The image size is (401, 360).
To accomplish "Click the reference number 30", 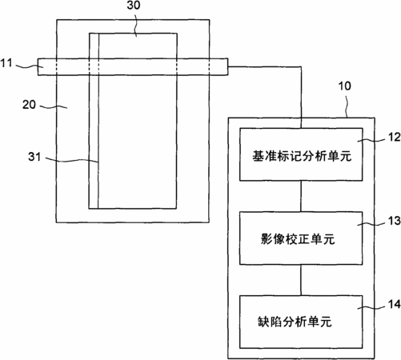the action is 134,5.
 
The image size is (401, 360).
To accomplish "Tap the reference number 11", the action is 6,63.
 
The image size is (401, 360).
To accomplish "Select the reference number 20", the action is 29,104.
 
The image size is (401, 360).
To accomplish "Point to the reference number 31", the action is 34,157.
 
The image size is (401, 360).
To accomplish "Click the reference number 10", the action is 345,86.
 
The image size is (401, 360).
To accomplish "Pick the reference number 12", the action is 394,137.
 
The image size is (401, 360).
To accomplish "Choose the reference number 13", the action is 394,221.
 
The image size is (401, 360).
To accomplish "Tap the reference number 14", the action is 394,304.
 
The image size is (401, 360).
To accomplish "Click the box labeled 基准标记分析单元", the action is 301,154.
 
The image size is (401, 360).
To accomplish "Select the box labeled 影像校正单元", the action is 301,238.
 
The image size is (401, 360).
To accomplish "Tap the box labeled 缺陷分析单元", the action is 301,322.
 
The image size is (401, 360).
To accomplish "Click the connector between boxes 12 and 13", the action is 301,196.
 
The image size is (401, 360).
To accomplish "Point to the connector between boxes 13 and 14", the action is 301,280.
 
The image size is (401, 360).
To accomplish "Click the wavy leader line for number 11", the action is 29,66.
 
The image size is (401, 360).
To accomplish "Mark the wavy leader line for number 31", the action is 72,160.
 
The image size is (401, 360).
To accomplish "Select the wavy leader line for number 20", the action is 54,107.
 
